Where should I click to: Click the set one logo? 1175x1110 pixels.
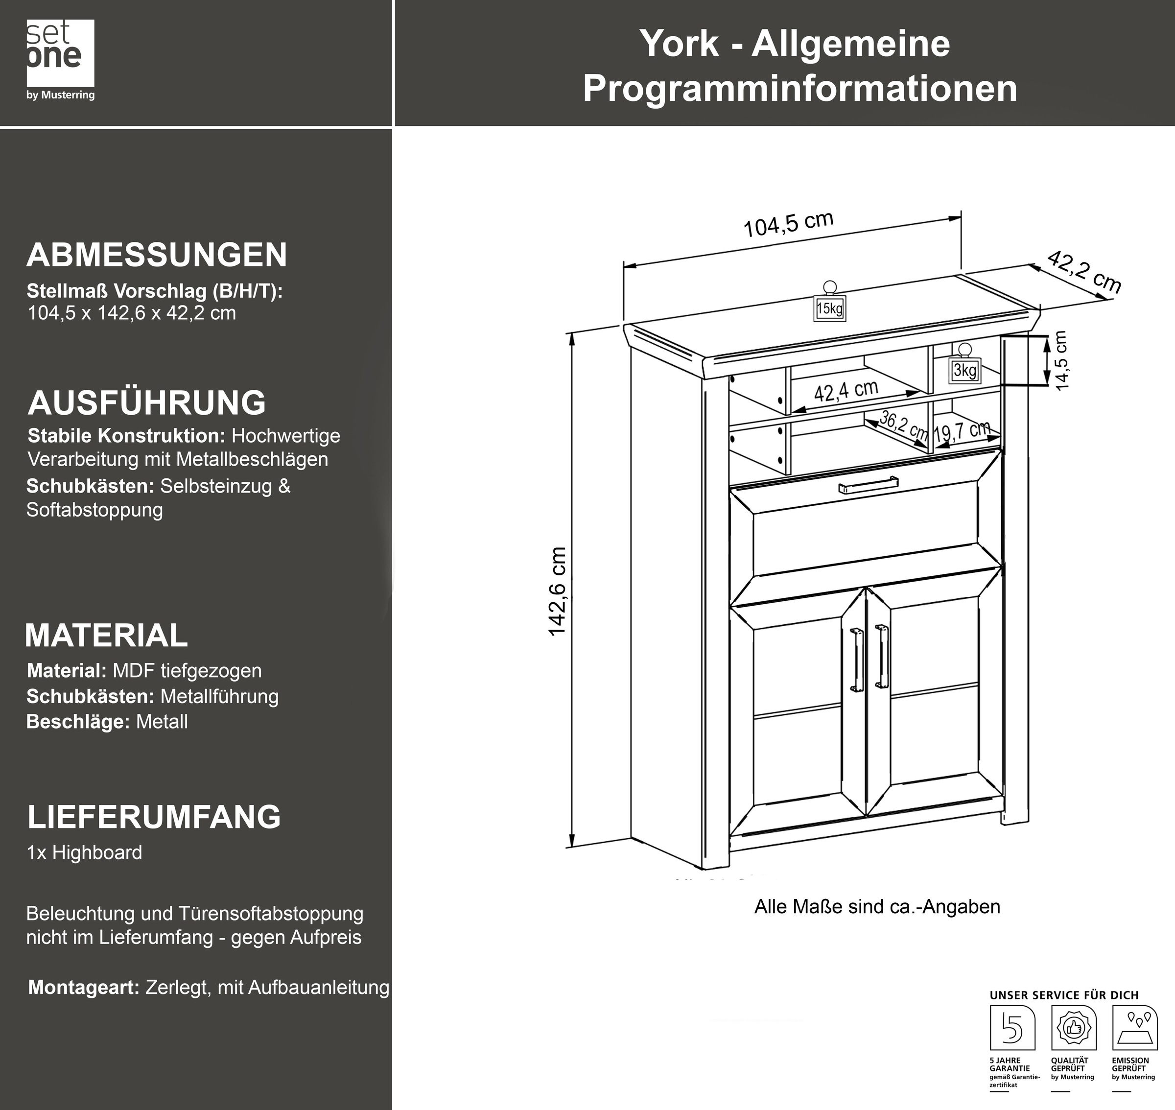(x=60, y=59)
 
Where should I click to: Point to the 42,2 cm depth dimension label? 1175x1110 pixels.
(x=1084, y=272)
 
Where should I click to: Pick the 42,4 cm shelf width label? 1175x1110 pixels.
(x=846, y=391)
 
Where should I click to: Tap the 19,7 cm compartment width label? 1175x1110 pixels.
(x=962, y=431)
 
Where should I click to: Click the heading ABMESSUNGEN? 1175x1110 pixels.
(x=157, y=255)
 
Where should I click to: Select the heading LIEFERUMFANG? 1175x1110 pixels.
(x=154, y=817)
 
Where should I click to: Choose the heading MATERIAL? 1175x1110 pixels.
(x=107, y=636)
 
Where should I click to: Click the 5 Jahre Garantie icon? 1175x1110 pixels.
(x=1012, y=1028)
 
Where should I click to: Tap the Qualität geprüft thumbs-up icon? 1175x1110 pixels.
(x=1073, y=1028)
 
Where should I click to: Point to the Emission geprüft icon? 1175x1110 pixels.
(x=1135, y=1028)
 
